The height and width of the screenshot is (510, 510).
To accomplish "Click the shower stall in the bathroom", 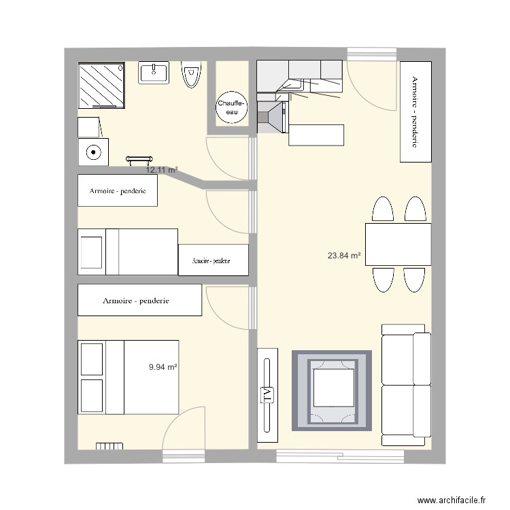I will [x=102, y=85].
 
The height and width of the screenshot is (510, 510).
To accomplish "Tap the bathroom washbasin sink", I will [x=154, y=73].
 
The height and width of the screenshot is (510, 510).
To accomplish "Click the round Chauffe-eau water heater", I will [x=233, y=107].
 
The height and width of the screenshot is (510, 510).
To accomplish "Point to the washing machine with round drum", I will [x=92, y=152].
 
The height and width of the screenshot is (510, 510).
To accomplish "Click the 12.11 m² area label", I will [x=161, y=169].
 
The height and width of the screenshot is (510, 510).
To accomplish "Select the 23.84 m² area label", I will [x=344, y=256].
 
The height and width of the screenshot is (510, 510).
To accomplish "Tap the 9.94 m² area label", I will [x=163, y=367].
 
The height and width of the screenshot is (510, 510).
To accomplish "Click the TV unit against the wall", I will [x=267, y=389].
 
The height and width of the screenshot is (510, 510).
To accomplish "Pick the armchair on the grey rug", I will [x=333, y=390].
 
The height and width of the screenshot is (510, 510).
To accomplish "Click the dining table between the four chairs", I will [x=398, y=244].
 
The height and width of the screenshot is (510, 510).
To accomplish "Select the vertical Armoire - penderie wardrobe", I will [x=415, y=112].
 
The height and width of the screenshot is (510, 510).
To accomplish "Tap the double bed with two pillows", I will [x=128, y=377].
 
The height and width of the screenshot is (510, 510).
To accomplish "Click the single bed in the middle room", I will [x=128, y=252].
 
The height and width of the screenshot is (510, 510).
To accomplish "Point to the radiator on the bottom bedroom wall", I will [x=109, y=447].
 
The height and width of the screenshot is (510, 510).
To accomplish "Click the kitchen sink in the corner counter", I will [x=294, y=85].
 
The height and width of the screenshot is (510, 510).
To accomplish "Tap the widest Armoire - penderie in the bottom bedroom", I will [x=140, y=300].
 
